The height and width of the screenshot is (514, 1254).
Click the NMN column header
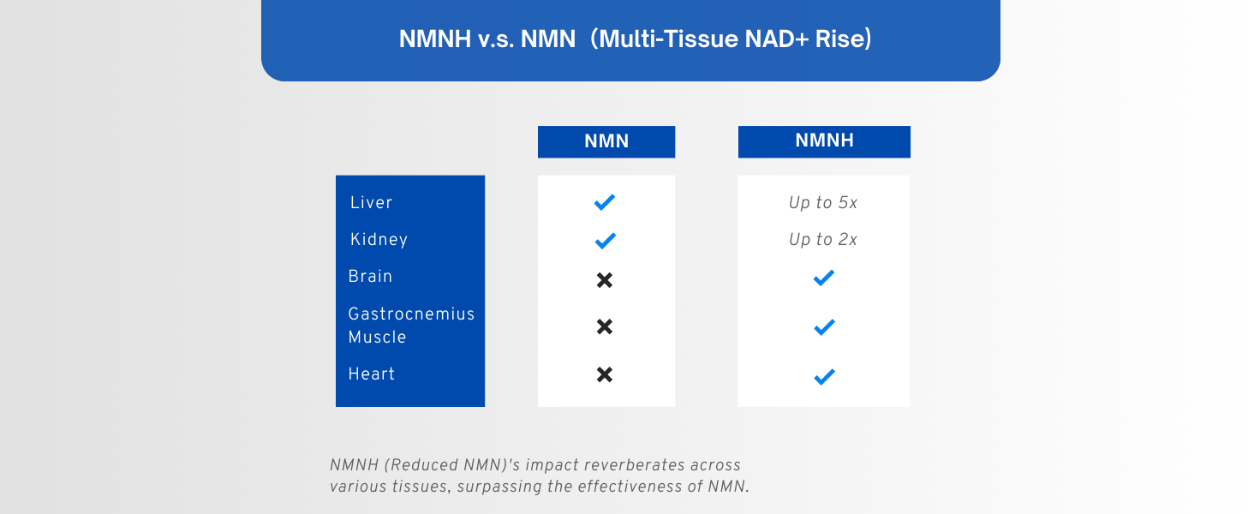[x=606, y=142]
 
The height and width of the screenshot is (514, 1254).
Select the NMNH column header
[x=824, y=141]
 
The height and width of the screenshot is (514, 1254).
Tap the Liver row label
[x=371, y=203]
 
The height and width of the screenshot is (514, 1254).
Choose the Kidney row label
[x=379, y=240]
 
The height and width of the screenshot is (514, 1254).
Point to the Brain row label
[x=370, y=277]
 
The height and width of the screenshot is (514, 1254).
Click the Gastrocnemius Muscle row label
[x=410, y=326]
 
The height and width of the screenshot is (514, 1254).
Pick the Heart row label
[x=371, y=374]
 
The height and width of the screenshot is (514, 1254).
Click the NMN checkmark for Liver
[x=605, y=202]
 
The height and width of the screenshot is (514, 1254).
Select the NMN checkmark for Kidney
[x=605, y=241]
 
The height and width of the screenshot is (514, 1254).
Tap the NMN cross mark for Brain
[x=605, y=280]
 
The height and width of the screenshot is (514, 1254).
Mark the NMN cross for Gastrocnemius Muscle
[x=605, y=326]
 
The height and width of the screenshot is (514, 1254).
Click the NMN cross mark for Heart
[x=605, y=374]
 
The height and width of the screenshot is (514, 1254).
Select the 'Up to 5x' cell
[x=823, y=203]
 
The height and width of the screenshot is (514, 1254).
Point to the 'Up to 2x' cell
[x=823, y=240]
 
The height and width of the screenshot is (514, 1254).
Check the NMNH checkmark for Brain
[x=824, y=278]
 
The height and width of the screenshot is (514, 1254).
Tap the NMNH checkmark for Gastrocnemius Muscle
[x=824, y=326]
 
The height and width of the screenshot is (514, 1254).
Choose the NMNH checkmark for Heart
[x=824, y=376]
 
